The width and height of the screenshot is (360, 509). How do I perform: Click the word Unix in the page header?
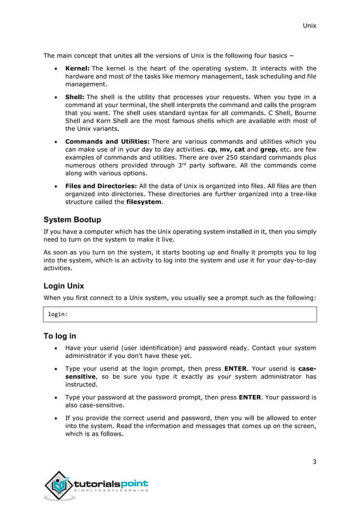(309, 26)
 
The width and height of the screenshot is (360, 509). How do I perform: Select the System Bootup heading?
(72, 220)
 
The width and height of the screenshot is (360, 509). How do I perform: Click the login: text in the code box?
(58, 314)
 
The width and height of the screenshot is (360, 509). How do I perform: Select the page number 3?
(314, 462)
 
